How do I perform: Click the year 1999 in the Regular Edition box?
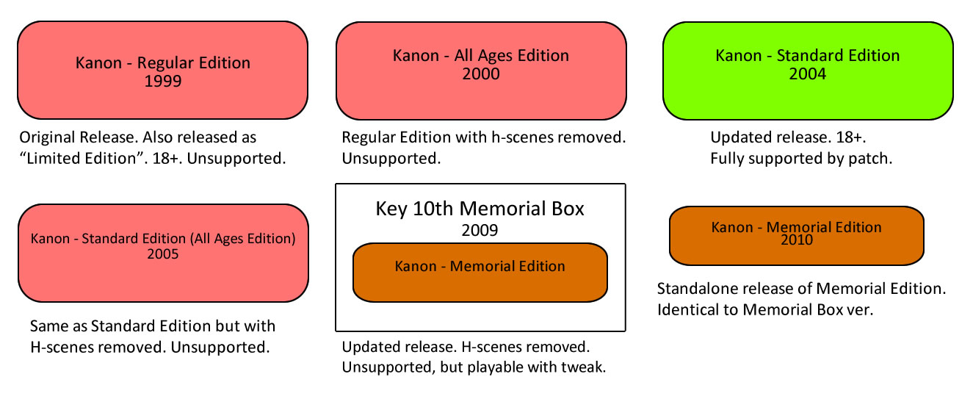point(163,82)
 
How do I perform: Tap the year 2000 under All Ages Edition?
point(481,74)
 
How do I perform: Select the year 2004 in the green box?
point(808,74)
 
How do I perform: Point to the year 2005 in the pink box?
point(163,254)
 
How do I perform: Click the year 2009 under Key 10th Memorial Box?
point(480,230)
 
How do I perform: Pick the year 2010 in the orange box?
point(797,240)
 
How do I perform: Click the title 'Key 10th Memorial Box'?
point(480,209)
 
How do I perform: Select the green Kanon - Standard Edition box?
point(808,71)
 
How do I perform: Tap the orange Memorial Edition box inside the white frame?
point(480,273)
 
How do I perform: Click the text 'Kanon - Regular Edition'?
point(163,63)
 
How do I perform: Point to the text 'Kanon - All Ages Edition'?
point(481,56)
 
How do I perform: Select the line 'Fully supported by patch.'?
point(801,158)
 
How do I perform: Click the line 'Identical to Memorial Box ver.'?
point(765,309)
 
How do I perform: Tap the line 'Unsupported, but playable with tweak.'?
point(474,367)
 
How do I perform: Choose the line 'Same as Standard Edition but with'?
point(153,326)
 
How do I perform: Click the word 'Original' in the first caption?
point(47,138)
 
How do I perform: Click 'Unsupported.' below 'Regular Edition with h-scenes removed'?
point(391,158)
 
